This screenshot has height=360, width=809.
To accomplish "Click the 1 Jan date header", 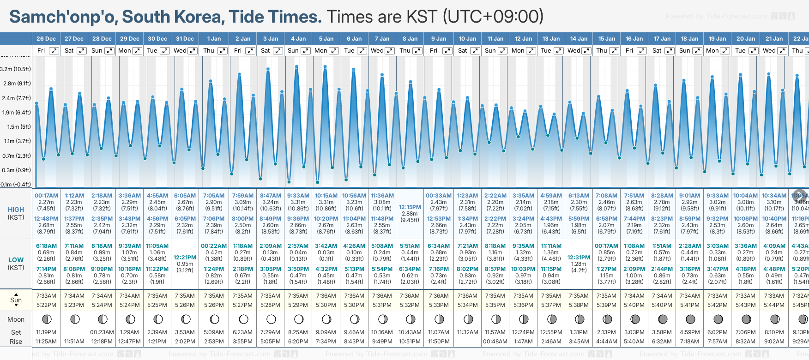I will (214, 39).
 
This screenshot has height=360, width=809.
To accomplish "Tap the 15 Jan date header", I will (606, 39).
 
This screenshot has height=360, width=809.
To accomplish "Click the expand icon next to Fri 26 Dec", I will (54, 51).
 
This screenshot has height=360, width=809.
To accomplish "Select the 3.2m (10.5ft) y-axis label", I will (16, 69).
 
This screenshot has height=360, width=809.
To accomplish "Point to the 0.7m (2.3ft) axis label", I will (16, 156).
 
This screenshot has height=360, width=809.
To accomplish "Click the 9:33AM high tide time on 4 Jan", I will (298, 196).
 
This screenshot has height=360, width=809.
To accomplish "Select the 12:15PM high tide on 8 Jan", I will (410, 207).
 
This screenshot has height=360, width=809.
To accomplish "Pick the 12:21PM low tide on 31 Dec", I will (185, 258).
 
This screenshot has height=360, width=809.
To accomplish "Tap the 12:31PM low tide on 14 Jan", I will (579, 258).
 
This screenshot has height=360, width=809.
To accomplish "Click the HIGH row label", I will (16, 210).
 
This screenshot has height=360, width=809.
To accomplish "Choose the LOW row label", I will (16, 260).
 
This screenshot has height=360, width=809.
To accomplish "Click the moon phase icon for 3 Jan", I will (271, 319).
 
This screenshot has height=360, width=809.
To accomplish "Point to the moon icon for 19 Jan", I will (718, 319).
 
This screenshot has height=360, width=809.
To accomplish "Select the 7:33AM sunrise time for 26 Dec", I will (46, 296).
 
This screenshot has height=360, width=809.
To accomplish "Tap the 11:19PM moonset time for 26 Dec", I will (46, 332).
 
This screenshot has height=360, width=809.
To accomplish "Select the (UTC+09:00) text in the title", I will (493, 17).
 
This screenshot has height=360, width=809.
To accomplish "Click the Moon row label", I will (16, 319).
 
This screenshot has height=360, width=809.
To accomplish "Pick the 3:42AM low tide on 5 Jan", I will (326, 246).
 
